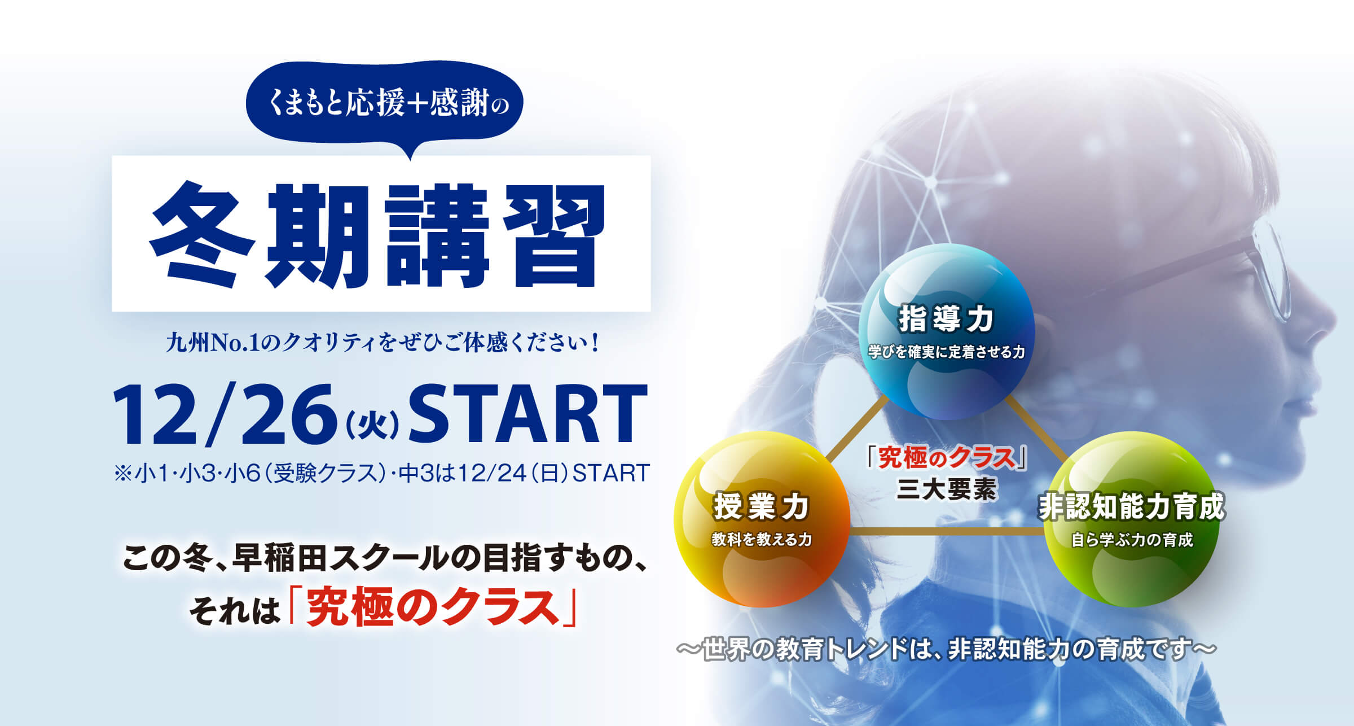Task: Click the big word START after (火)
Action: pos(527,414)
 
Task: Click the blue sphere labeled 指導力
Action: pos(946,332)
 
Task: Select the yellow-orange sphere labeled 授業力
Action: pos(762,519)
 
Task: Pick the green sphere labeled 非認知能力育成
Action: pos(1131,519)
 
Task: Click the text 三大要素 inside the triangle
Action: pos(946,489)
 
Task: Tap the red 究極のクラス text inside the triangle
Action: pos(947,458)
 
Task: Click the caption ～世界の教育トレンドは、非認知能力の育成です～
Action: pos(946,649)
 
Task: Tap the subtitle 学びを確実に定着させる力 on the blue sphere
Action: pos(946,352)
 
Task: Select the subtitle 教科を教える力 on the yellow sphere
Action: pos(762,539)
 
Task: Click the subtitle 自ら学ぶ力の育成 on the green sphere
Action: pos(1132,540)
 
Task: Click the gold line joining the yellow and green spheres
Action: pos(947,531)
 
